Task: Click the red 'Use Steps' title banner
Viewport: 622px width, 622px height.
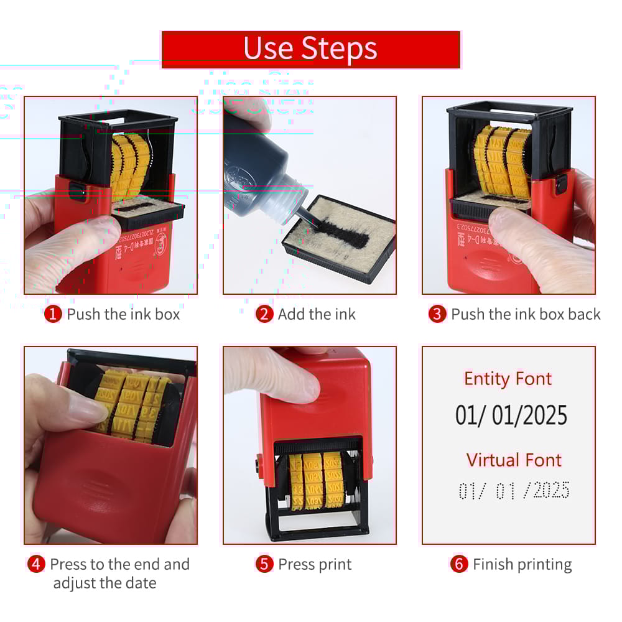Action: [310, 49]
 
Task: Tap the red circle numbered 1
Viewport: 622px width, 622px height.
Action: [53, 314]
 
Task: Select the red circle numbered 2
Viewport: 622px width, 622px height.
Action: [264, 314]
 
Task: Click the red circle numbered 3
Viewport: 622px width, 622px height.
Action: [437, 314]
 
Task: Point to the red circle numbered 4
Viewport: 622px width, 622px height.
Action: [37, 564]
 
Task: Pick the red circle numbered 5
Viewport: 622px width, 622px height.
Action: [265, 564]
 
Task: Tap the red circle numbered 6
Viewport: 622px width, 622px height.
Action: [459, 564]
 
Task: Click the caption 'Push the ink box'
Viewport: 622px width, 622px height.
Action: [123, 314]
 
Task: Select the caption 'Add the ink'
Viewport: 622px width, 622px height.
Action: [317, 314]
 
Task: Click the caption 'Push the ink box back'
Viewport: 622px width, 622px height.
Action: [526, 314]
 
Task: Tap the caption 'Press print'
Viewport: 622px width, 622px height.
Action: [315, 564]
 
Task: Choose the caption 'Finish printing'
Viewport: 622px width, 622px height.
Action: [522, 564]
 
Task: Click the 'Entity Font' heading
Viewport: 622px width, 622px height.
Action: [508, 379]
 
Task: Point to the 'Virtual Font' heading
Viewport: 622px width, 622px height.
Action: [514, 460]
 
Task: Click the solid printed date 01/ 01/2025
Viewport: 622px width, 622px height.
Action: [511, 415]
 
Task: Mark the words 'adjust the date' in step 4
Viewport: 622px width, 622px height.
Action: [104, 583]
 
